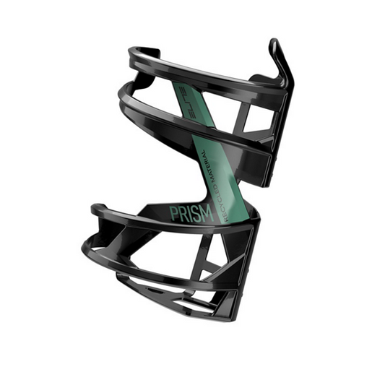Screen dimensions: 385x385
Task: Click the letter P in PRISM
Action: point(174,214)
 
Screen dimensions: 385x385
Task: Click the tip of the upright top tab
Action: point(274,42)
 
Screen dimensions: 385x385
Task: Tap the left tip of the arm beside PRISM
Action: point(95,210)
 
